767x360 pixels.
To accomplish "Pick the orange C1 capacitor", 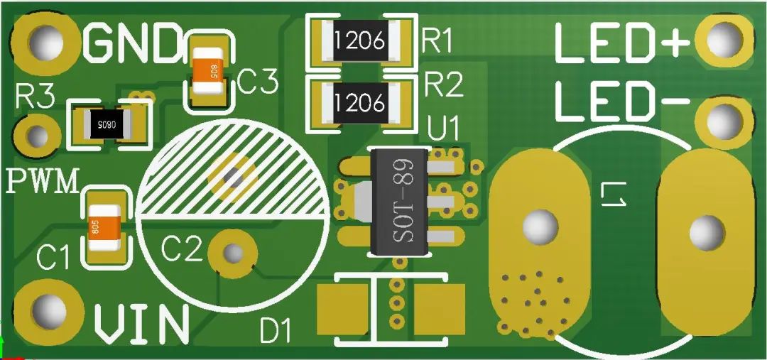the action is (x=104, y=227).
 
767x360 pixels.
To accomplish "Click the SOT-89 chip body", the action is (x=398, y=202).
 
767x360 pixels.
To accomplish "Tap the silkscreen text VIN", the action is (x=142, y=324).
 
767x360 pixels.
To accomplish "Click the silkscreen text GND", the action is (x=132, y=43).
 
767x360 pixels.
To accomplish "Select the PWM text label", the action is (x=43, y=180).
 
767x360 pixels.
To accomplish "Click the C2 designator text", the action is (x=182, y=249).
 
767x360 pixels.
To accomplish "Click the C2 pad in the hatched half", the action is (x=234, y=176).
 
